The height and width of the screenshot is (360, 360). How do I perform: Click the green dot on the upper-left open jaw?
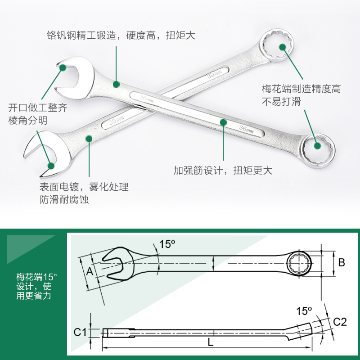63,67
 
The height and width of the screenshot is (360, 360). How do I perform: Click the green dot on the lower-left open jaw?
51,165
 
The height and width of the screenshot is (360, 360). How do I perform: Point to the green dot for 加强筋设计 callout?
223,122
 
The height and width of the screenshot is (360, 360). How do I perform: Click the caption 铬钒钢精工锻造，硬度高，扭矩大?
121,35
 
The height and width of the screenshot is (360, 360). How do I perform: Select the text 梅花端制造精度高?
301,89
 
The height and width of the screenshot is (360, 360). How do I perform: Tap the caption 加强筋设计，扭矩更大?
223,171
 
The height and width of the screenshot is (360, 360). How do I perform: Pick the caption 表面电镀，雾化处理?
84,187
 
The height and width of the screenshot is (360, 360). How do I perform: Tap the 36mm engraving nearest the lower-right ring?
247,129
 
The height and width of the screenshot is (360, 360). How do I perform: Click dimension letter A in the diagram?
90,271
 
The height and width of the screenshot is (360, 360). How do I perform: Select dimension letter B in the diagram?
342,262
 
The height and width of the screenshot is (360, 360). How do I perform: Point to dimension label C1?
80,333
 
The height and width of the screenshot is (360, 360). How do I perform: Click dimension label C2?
340,321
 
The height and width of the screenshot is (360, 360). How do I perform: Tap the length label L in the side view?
210,342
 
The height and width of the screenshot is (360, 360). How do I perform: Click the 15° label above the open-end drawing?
167,244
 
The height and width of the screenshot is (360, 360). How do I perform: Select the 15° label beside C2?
304,310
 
